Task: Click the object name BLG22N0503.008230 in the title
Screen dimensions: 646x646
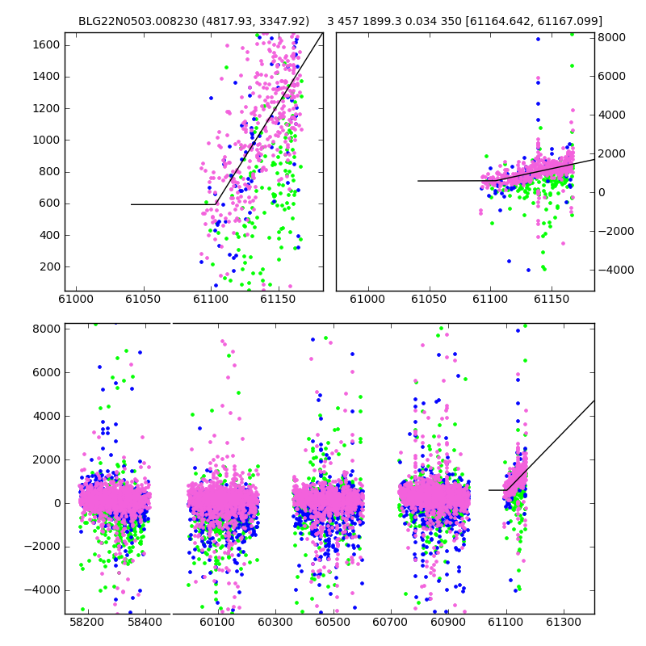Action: click(138, 22)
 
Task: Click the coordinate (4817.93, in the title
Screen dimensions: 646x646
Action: click(229, 22)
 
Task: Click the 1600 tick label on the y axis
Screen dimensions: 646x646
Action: click(46, 45)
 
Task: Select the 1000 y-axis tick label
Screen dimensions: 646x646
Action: click(46, 140)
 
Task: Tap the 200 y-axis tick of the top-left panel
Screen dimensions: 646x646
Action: click(50, 267)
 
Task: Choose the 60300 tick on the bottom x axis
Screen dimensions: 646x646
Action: click(275, 622)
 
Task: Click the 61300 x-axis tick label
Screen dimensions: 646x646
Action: click(563, 622)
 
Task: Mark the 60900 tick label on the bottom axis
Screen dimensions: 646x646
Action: click(448, 622)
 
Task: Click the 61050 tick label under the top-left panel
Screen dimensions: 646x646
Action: click(144, 299)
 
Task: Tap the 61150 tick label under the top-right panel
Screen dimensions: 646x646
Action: click(552, 299)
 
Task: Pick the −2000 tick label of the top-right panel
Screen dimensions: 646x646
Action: click(616, 231)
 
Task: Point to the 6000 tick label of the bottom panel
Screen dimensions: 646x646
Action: click(46, 372)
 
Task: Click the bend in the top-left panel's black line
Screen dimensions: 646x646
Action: click(216, 204)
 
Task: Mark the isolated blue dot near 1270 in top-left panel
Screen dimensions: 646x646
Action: click(211, 98)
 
